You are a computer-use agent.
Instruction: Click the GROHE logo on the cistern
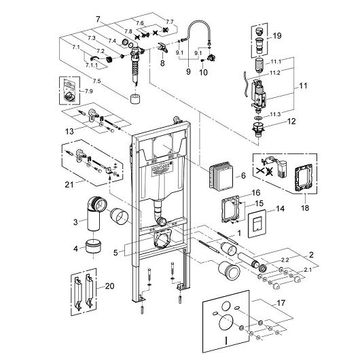pyautogui.click(x=162, y=168)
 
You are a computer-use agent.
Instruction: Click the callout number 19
pyautogui.click(x=277, y=36)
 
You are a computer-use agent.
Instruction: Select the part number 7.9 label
pyautogui.click(x=89, y=91)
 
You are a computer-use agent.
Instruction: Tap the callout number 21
pyautogui.click(x=69, y=184)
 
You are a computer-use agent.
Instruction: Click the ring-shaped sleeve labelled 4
pyautogui.click(x=94, y=246)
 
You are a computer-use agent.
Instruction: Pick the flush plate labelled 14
pyautogui.click(x=257, y=224)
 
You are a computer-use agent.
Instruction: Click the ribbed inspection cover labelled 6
pyautogui.click(x=221, y=176)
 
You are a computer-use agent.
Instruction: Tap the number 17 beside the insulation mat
pyautogui.click(x=281, y=303)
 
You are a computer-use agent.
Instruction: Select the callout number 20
pyautogui.click(x=110, y=286)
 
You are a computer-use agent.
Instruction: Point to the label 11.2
pyautogui.click(x=275, y=73)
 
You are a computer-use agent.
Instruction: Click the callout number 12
pyautogui.click(x=291, y=121)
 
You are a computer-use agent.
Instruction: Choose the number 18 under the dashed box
pyautogui.click(x=305, y=208)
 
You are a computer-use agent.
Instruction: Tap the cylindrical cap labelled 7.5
pyautogui.click(x=135, y=99)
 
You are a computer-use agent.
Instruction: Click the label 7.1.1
pyautogui.click(x=92, y=65)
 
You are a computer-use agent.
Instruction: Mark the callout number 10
pyautogui.click(x=203, y=72)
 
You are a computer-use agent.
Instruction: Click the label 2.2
pyautogui.click(x=285, y=259)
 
